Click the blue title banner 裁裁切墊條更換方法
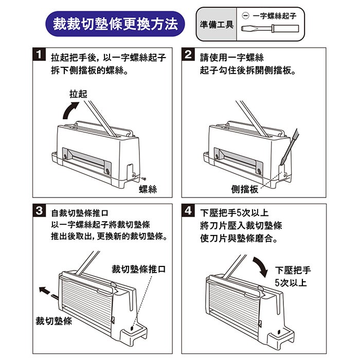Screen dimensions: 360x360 (x=115, y=24)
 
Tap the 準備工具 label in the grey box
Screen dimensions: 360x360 (x=217, y=24)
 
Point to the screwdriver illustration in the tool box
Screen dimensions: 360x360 (x=270, y=29)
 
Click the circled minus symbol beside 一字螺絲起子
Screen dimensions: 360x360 (x=245, y=16)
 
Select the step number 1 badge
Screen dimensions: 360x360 (x=39, y=54)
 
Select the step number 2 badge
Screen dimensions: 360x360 (x=188, y=54)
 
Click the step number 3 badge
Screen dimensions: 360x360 (x=39, y=210)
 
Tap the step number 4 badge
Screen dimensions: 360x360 (x=188, y=210)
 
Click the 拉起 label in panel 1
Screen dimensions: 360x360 (x=78, y=94)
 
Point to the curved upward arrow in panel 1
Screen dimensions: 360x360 (x=68, y=109)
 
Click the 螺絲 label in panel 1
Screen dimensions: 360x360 (x=148, y=189)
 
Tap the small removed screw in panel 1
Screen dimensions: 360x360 (x=143, y=178)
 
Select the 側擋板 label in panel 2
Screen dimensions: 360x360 (x=245, y=189)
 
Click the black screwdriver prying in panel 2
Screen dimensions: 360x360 (x=289, y=147)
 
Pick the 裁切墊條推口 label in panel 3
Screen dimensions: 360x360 (x=139, y=269)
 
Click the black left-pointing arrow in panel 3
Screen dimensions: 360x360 (x=45, y=290)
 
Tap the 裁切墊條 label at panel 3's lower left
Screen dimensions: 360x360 (x=53, y=321)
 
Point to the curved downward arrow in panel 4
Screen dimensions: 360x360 (x=261, y=266)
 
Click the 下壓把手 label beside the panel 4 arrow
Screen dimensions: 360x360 (x=293, y=270)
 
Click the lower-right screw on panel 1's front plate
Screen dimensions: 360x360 (x=107, y=171)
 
